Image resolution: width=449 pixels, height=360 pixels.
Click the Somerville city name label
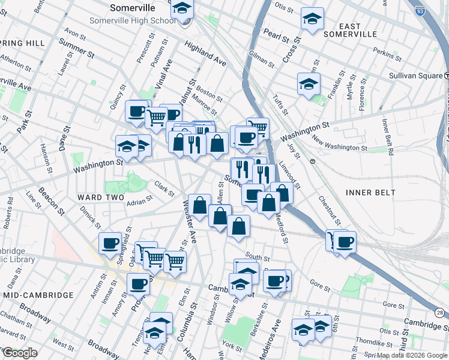point(133,8)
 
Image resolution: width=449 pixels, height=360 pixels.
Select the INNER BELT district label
point(371,192)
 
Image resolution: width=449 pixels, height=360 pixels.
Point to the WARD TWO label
point(100,197)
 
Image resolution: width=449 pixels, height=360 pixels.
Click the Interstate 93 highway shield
point(420,9)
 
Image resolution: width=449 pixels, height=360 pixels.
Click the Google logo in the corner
point(19,353)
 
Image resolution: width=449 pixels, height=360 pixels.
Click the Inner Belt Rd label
point(387,137)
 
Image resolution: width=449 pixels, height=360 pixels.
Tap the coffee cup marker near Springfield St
point(110,242)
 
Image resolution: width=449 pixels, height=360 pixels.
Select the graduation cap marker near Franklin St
point(309,83)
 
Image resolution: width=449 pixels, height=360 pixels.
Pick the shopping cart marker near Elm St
point(175,260)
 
